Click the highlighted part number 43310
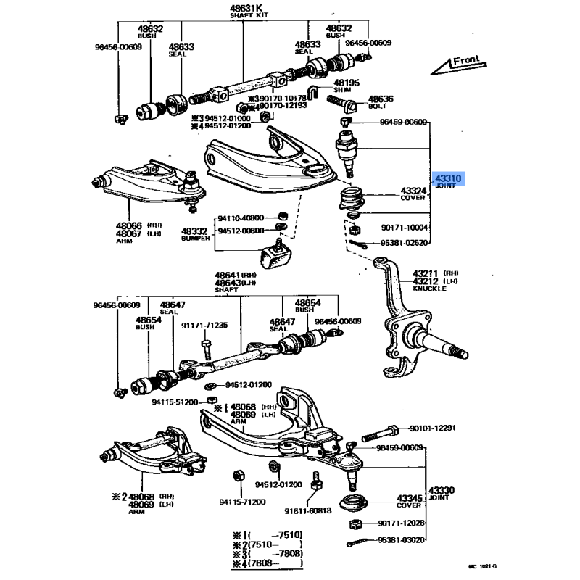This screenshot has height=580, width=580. [447, 177]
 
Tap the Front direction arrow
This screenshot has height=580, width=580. [457, 65]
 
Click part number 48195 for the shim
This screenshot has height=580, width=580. [346, 83]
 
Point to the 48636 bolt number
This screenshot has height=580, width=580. [380, 99]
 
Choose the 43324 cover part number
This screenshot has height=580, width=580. [412, 191]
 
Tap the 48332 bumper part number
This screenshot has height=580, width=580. [194, 230]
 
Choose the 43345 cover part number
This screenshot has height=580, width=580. [410, 499]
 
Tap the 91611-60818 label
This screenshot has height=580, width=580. [307, 510]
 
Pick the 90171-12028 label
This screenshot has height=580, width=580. [401, 523]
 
